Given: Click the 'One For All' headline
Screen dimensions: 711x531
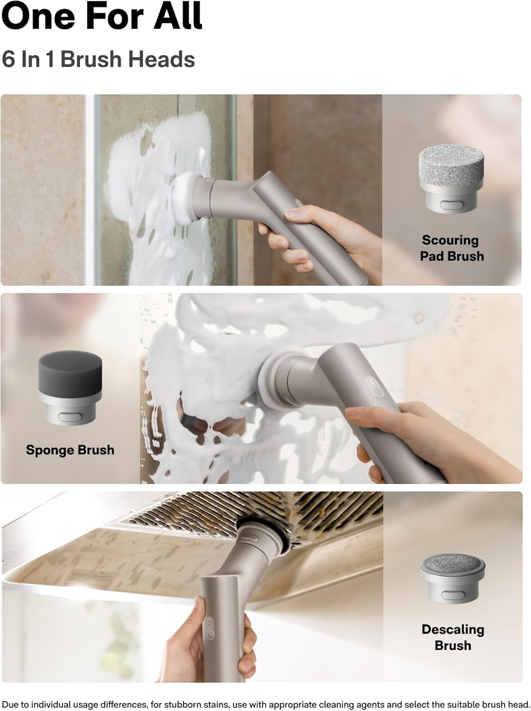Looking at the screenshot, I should [x=102, y=16].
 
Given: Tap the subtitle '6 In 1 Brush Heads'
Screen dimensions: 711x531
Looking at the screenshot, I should [x=98, y=59].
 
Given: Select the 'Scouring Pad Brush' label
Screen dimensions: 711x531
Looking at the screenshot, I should [x=451, y=248].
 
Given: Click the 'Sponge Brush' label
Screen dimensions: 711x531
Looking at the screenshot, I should [x=70, y=450].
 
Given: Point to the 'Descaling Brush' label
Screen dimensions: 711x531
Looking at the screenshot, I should [x=453, y=637].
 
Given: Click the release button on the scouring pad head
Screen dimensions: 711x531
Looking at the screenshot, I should [x=451, y=205].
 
